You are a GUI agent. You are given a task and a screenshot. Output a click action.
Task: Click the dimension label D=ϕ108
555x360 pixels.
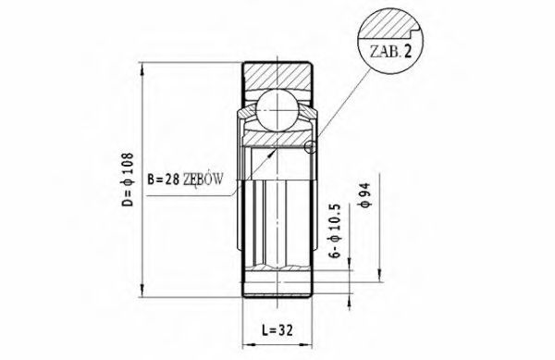click(x=129, y=180)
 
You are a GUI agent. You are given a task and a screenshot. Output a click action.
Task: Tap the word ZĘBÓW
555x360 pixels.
click(x=203, y=179)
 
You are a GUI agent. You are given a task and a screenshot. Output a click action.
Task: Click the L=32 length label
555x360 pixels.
click(x=277, y=330)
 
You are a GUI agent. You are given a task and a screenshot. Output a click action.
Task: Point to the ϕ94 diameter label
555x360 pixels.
click(x=364, y=194)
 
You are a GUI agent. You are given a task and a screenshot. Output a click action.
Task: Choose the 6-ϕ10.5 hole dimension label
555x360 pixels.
click(x=336, y=230)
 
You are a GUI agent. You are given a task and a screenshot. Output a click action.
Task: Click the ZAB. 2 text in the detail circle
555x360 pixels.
click(x=390, y=52)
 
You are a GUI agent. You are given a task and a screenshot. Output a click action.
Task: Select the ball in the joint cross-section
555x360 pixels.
click(x=277, y=110)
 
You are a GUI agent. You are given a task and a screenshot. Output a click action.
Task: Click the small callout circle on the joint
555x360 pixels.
click(x=310, y=147)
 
